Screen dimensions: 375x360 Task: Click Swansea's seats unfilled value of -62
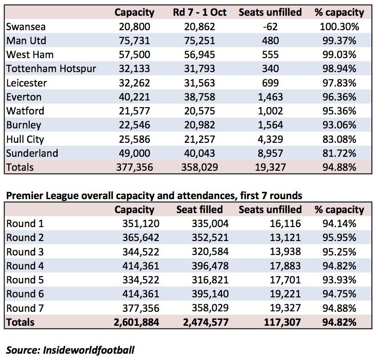pos(270,26)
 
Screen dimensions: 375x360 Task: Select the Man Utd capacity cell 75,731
pos(135,41)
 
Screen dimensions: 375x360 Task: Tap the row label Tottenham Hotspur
pos(51,68)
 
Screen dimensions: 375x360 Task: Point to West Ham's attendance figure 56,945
pos(199,55)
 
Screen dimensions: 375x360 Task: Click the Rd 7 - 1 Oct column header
pos(199,12)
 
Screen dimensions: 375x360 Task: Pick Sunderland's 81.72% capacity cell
pos(339,153)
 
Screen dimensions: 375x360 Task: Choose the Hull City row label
pos(25,139)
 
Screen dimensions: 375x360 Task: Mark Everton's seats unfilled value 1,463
pos(270,97)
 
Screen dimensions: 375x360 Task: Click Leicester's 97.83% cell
pos(339,83)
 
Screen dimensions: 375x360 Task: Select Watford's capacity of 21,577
pos(135,111)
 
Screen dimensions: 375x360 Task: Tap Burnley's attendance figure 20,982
pos(199,125)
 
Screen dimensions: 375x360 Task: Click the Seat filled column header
pos(199,210)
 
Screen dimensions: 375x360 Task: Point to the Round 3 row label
pos(25,252)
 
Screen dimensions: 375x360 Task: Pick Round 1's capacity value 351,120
pos(141,223)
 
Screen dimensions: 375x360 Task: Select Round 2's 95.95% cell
pos(339,238)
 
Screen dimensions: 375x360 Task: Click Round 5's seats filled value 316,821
pos(210,280)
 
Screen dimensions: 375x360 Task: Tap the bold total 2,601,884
pos(136,322)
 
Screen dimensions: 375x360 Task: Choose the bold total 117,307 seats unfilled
pos(282,322)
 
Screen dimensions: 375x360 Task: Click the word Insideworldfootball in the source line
pos(89,350)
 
